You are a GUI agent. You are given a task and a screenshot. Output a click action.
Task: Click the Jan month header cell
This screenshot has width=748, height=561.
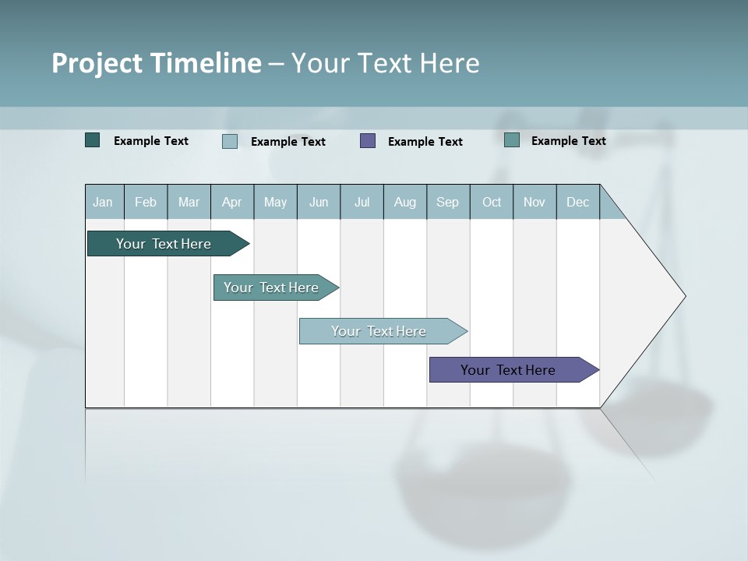[104, 202]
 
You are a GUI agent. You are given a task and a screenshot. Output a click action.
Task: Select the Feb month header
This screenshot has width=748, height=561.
[146, 202]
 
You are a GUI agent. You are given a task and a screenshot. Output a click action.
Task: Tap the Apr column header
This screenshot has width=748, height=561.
[231, 202]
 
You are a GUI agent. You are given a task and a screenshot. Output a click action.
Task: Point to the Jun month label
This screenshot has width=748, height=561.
[319, 202]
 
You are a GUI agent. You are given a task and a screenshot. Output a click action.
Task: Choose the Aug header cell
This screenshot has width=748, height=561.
[404, 202]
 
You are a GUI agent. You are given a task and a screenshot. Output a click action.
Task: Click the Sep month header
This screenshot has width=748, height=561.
[447, 202]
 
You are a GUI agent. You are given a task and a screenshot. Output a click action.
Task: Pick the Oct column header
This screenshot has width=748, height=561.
[492, 202]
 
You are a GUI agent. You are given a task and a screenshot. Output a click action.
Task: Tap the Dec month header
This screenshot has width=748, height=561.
[577, 202]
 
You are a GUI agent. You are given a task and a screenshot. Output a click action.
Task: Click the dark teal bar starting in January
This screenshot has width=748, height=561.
[164, 244]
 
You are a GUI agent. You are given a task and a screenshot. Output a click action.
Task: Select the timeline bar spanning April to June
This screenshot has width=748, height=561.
[271, 288]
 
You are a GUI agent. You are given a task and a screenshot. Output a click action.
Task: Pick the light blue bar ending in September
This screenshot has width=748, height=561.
[379, 331]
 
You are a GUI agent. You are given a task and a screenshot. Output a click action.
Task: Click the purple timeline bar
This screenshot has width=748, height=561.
[508, 370]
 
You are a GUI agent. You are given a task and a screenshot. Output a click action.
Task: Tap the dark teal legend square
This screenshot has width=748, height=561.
[93, 140]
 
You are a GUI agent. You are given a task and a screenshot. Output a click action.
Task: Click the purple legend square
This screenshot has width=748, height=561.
[368, 140]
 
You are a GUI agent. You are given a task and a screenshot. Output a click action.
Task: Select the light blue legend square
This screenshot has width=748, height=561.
[230, 141]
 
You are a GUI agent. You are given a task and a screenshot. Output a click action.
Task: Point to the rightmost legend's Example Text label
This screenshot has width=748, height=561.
[568, 140]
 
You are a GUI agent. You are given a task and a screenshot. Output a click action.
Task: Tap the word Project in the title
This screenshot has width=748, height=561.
[97, 63]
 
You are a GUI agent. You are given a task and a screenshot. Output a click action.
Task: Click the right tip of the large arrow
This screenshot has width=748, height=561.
[683, 296]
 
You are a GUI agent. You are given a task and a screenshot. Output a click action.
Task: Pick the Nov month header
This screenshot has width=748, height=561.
[535, 202]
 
